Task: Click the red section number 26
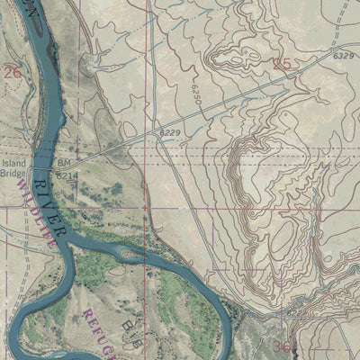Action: point(12,71)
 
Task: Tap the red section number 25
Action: point(283,64)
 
